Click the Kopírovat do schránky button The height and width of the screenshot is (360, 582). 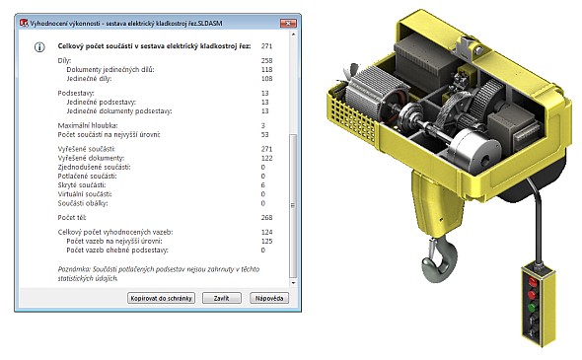(161, 298)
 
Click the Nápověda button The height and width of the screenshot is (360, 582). (269, 298)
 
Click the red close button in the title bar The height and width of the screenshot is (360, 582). (288, 23)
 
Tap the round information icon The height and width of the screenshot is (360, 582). (39, 47)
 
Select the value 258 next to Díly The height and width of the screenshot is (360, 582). (266, 60)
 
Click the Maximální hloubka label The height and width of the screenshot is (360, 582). (88, 125)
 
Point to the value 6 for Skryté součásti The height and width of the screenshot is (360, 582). (262, 184)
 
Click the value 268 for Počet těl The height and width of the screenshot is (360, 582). (266, 218)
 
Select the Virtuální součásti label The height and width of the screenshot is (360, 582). (85, 194)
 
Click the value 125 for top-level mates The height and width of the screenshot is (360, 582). (266, 242)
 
